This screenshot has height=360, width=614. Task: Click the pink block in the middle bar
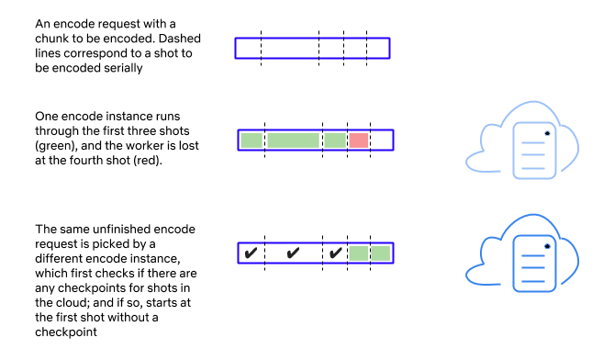[359, 141]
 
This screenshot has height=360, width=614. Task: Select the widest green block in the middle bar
[293, 141]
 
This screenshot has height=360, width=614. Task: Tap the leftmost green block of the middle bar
[251, 141]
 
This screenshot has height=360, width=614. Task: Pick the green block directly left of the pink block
[335, 141]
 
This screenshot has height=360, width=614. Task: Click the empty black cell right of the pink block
[381, 141]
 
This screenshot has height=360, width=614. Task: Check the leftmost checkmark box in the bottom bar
[251, 253]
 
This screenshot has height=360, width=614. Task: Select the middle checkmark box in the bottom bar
[293, 253]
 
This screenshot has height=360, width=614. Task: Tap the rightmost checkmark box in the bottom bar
[335, 253]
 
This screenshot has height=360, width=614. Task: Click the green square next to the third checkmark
[359, 253]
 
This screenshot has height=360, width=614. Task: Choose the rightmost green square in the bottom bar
[381, 253]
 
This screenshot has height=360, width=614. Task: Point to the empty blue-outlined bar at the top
[312, 48]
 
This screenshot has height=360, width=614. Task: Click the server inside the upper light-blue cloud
[534, 150]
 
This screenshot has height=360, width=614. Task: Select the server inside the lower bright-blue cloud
[534, 264]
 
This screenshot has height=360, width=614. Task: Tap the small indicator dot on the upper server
[547, 133]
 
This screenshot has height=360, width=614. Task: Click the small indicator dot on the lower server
[547, 246]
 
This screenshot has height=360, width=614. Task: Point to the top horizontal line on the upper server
[532, 143]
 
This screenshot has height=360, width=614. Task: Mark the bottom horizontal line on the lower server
[532, 281]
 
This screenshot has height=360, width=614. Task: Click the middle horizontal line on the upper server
[532, 156]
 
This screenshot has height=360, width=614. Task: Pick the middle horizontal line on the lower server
[532, 269]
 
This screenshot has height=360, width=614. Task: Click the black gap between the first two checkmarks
[272, 253]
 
